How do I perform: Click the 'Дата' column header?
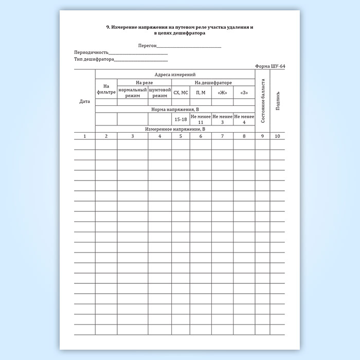coord(84,101)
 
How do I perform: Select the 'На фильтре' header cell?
coord(106,89)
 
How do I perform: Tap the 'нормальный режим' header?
coord(133,93)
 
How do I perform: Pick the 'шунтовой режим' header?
coord(159,93)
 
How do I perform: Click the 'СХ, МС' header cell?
coord(181,93)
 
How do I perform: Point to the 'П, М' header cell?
coord(201,93)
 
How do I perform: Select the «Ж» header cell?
coord(222,93)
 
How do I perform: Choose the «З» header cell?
coord(244,93)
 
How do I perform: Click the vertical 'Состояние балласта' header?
coord(263,101)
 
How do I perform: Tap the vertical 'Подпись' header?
coord(278,101)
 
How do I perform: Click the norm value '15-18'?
coord(181,119)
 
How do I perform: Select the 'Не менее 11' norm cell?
coord(201,119)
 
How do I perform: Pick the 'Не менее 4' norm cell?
coord(244,119)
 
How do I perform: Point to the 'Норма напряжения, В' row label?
coord(175,110)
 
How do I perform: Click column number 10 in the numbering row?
coord(278,136)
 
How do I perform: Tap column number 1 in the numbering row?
coord(84,136)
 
